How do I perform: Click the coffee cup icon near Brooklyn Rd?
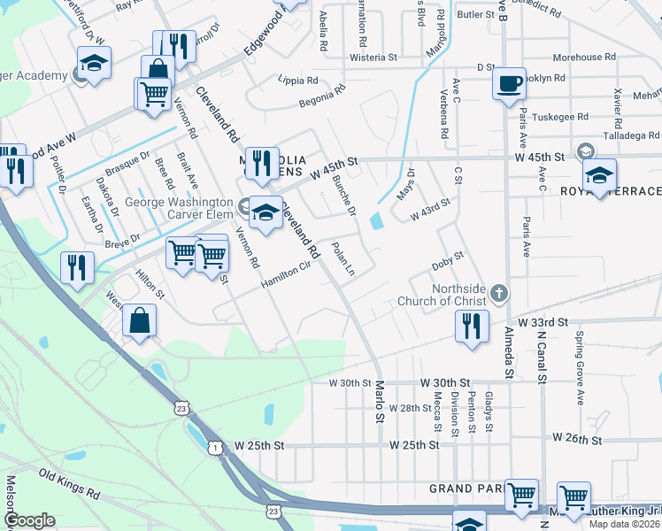[509, 83]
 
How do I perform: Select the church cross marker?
[499, 291]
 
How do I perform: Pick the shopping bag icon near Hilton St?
[140, 319]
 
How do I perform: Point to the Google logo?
[29, 520]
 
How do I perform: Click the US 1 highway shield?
[215, 449]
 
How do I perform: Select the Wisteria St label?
[373, 57]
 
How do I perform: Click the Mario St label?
[379, 399]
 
